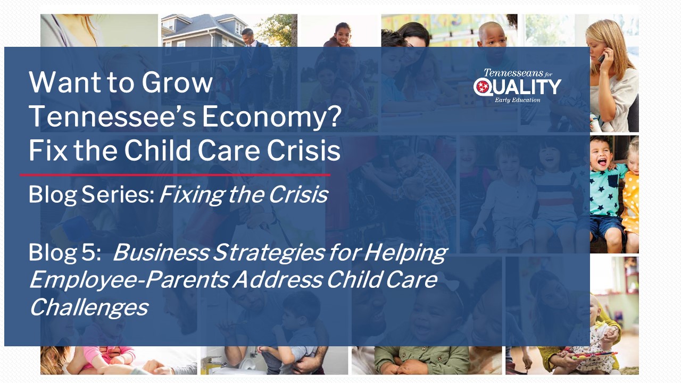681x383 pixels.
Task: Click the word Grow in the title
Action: coord(177,82)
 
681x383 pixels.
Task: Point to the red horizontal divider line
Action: coord(175,175)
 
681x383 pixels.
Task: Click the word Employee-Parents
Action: coord(129,280)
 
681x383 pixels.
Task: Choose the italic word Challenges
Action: coord(89,307)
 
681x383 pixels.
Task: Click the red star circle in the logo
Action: coord(483,87)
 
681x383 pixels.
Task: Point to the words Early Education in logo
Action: coord(517,100)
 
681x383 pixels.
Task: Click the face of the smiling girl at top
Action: coord(343,36)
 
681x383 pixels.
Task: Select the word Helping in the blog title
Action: coord(405,253)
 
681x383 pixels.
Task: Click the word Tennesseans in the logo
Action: coord(513,73)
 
